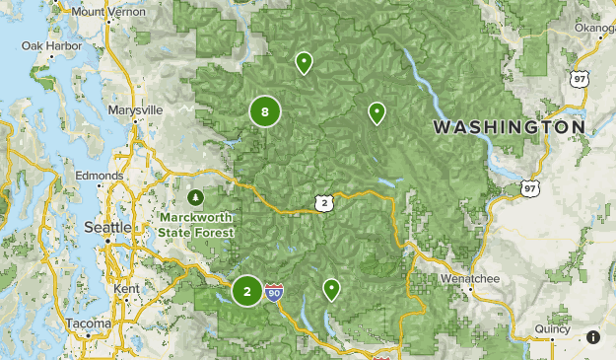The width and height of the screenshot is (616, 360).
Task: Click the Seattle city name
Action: [x=108, y=227]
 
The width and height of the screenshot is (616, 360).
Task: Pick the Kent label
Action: [x=127, y=288]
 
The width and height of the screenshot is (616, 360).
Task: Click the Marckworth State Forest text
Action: [x=194, y=225]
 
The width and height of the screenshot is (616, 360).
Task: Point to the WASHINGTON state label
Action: [x=509, y=127]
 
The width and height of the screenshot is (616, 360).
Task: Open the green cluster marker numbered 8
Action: [x=265, y=111]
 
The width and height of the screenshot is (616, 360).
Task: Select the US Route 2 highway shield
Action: [x=324, y=202]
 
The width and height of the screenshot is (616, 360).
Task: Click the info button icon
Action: [x=593, y=337]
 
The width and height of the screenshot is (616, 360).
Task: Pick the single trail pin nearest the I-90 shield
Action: [x=332, y=289]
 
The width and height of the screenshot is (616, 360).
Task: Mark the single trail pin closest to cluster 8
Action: [x=305, y=63]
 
